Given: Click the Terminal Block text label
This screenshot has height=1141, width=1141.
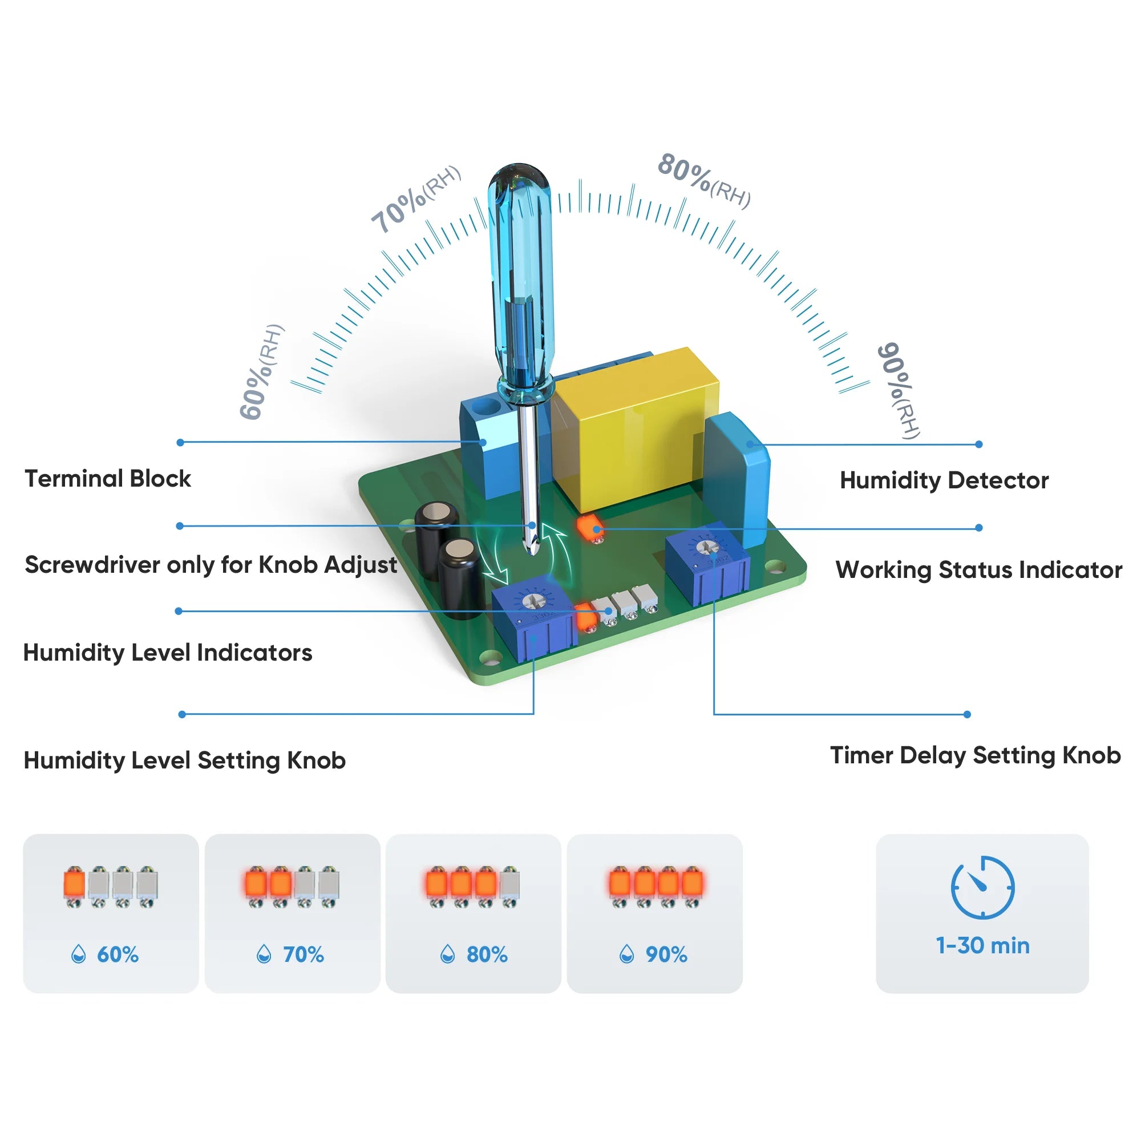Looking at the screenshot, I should coord(108,479).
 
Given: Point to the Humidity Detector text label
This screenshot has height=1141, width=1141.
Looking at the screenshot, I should coord(944,481).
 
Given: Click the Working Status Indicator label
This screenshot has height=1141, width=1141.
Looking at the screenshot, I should coord(978,570).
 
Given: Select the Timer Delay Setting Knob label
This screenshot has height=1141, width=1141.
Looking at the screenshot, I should coord(975,755).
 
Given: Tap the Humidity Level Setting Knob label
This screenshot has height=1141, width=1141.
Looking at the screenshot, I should coord(184,760).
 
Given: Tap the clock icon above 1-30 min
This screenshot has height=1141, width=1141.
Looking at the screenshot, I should coord(982,887).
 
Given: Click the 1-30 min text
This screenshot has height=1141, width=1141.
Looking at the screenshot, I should coord(982,946).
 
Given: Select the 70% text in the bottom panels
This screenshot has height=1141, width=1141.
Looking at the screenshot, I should coord(303,954).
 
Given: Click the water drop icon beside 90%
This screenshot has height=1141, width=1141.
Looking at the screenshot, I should coord(626,954).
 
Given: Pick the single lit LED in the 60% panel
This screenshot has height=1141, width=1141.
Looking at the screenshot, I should coord(74,885).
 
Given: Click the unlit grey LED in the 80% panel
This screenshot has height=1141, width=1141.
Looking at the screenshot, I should coord(509,885).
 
